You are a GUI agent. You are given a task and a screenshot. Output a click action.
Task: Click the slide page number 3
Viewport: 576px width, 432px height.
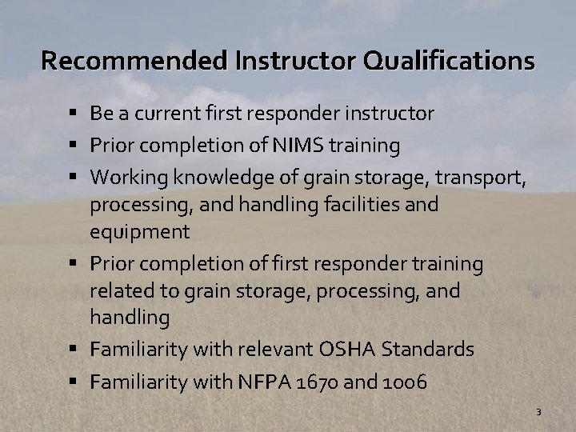coord(538,412)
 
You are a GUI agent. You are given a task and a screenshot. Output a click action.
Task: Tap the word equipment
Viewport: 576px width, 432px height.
coord(140,233)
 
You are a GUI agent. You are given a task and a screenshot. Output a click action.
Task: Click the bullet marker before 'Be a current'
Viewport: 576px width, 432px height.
coord(74,114)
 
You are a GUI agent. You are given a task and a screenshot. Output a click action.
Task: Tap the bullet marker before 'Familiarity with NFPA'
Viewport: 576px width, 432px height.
coord(74,382)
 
